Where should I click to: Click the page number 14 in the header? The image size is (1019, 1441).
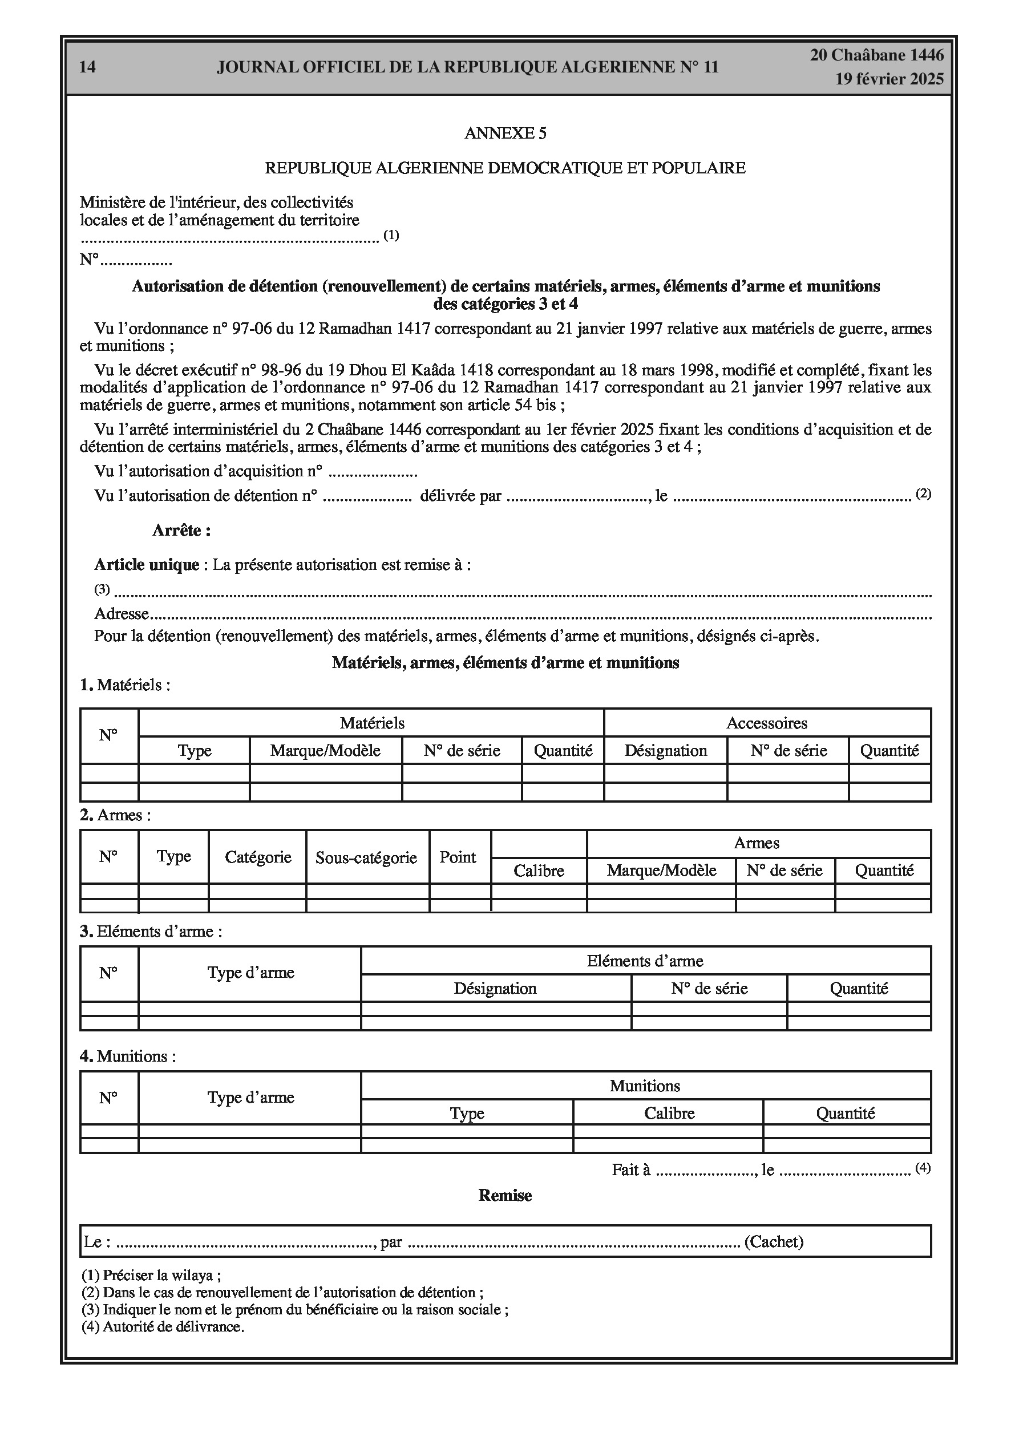coord(88,67)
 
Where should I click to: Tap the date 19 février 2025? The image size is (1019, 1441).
coord(889,79)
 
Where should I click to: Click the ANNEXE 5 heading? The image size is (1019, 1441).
coord(506,133)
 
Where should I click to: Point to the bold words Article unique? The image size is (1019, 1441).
coord(146,565)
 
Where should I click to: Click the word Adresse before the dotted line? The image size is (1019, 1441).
coord(122,613)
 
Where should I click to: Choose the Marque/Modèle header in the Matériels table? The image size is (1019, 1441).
coord(325,751)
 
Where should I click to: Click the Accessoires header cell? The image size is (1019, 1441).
coord(767,723)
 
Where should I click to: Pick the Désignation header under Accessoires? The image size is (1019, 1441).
coord(665,751)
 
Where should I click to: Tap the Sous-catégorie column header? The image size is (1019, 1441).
coord(366,857)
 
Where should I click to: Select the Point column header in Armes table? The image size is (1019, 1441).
coord(458,857)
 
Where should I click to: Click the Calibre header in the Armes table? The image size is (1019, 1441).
coord(539,871)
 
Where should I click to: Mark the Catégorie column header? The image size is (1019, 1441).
coord(258,857)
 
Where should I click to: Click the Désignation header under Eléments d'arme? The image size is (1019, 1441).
coord(495,989)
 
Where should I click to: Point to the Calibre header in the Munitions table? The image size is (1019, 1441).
coord(669,1114)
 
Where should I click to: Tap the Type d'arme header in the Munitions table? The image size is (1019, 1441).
coord(250,1098)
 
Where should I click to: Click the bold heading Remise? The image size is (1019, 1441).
coord(505,1196)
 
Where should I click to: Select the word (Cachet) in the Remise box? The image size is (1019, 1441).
coord(774,1241)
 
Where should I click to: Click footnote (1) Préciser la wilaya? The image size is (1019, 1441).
coord(151,1276)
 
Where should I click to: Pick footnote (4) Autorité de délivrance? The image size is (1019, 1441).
coord(163,1327)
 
